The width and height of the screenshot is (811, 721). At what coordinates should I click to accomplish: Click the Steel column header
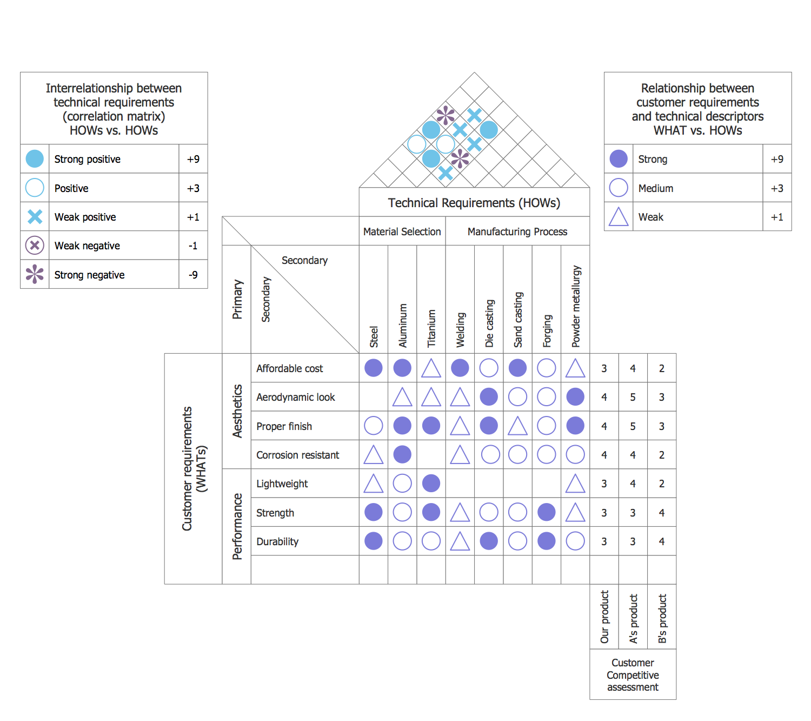(x=374, y=336)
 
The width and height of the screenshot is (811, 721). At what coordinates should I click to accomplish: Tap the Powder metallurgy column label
(x=576, y=306)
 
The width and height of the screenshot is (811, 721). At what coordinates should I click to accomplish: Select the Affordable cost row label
(x=289, y=368)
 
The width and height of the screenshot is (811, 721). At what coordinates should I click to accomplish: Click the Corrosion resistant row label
(x=297, y=455)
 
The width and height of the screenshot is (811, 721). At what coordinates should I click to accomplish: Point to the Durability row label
(x=277, y=541)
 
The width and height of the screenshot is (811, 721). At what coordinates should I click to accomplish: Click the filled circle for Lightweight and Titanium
(x=431, y=484)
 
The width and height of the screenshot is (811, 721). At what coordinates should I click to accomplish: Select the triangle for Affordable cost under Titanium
(x=431, y=368)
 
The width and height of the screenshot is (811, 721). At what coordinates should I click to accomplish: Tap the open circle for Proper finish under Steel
(x=374, y=426)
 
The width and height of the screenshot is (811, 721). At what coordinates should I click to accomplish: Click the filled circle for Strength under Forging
(x=547, y=512)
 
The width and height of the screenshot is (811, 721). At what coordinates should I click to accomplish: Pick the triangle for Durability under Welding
(x=460, y=541)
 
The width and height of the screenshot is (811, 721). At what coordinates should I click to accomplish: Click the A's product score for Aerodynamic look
(x=633, y=397)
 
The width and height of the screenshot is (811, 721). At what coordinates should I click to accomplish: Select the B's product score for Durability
(x=662, y=541)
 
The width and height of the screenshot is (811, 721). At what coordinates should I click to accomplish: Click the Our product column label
(x=604, y=617)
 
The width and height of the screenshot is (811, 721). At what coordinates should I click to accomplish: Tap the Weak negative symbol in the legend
(x=35, y=246)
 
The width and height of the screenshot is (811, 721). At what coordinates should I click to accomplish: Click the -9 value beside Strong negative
(x=193, y=275)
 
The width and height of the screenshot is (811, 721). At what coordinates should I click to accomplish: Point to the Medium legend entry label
(x=656, y=188)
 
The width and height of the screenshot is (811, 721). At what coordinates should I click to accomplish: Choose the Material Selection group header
(x=402, y=231)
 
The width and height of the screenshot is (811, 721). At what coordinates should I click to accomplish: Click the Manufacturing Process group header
(x=517, y=231)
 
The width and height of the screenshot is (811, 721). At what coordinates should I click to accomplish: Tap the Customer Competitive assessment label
(x=633, y=674)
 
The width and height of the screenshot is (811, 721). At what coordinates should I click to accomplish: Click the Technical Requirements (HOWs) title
(x=474, y=203)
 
